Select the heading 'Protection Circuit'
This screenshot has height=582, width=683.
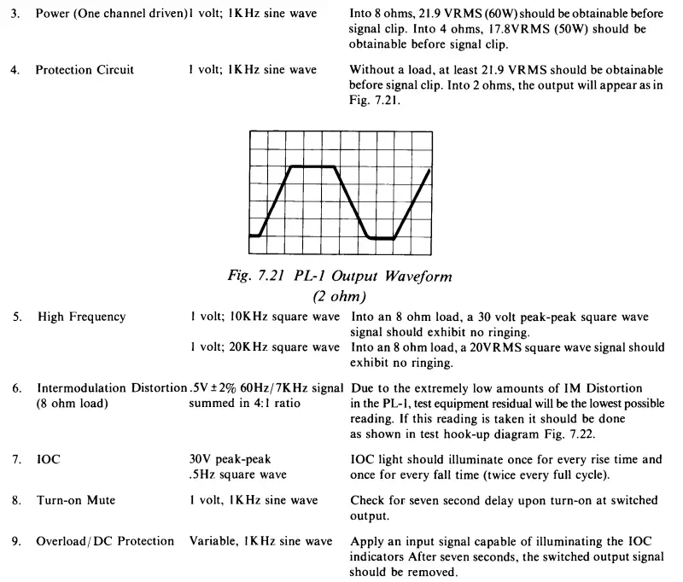click(85, 70)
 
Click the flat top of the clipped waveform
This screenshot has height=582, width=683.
click(312, 167)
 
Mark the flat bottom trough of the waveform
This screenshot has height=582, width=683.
click(382, 239)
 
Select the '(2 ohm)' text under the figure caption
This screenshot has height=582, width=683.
click(341, 295)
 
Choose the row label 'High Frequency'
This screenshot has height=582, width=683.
click(81, 317)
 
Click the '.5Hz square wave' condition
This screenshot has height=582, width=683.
click(238, 474)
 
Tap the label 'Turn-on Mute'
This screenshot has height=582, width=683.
click(78, 503)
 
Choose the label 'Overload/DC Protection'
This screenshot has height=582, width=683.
click(104, 541)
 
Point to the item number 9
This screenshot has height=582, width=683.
click(15, 541)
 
